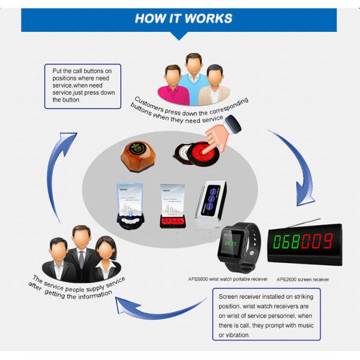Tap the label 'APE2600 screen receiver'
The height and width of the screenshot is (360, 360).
[302, 279]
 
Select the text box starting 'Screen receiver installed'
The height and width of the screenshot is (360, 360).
[266, 314]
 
